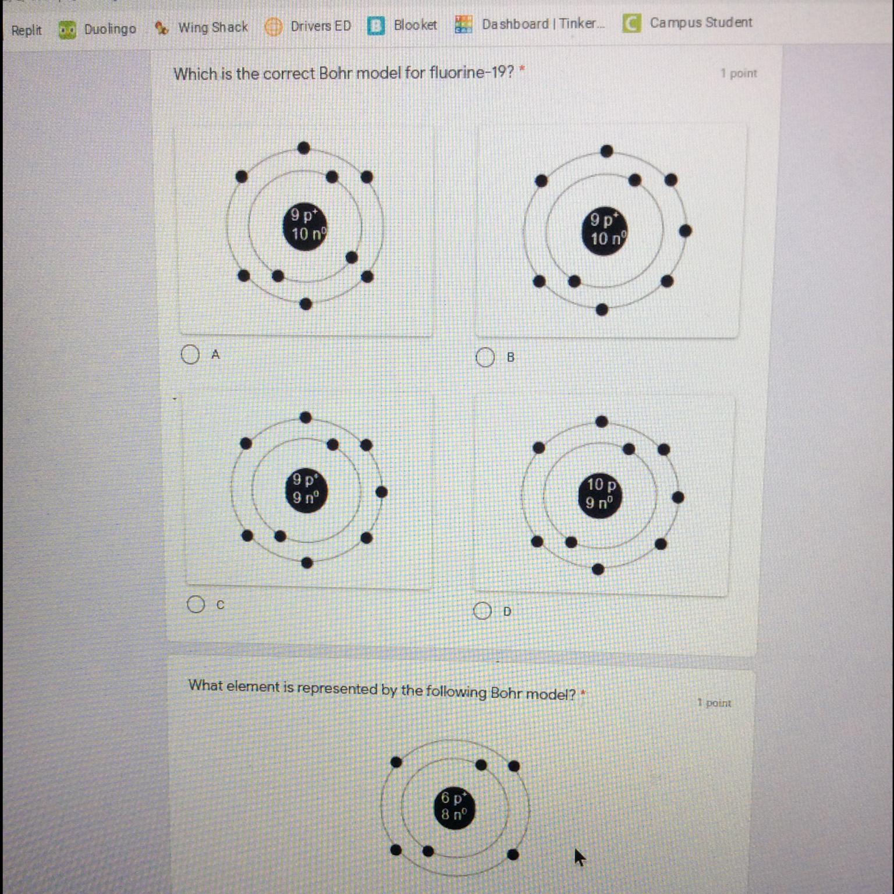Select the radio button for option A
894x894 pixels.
[190, 354]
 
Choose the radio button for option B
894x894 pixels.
[485, 357]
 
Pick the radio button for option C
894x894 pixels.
[196, 604]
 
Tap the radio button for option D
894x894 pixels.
[483, 611]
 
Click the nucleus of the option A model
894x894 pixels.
[306, 226]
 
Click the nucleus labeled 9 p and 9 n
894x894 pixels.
[306, 491]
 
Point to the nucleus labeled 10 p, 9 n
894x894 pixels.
[601, 495]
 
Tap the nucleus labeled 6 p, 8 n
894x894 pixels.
[455, 807]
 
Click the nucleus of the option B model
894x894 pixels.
[605, 230]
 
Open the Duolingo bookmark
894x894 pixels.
[98, 29]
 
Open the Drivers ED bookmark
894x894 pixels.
[308, 26]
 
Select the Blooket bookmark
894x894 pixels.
[403, 25]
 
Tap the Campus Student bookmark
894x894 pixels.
[687, 23]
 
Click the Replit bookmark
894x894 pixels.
[26, 30]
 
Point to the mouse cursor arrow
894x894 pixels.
[579, 857]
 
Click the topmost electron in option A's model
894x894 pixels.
[303, 148]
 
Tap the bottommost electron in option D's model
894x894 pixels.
[598, 569]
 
